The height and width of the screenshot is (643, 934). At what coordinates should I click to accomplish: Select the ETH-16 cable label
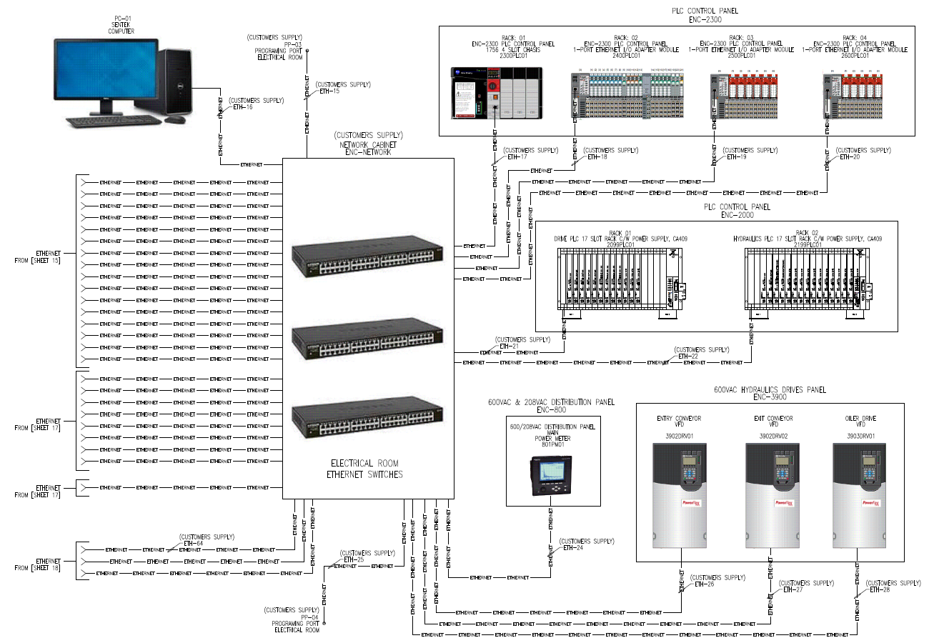(244, 107)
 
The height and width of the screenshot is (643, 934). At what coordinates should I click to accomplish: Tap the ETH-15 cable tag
(329, 91)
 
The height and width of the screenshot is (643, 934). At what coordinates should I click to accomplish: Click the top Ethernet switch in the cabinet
(367, 256)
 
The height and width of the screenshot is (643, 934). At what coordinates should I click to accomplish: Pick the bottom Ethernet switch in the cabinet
(367, 417)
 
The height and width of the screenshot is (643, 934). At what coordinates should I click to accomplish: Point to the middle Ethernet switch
(367, 337)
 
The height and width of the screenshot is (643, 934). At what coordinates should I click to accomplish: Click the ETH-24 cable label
(573, 548)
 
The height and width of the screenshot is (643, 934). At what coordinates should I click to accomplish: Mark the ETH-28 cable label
(880, 590)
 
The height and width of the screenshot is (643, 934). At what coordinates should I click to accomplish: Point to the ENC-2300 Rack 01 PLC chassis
(496, 93)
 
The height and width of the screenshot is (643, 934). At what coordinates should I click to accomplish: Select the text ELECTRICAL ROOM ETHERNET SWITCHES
(364, 469)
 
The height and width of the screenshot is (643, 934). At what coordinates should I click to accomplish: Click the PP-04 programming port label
(309, 617)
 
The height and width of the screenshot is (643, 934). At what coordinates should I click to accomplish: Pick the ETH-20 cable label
(850, 156)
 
